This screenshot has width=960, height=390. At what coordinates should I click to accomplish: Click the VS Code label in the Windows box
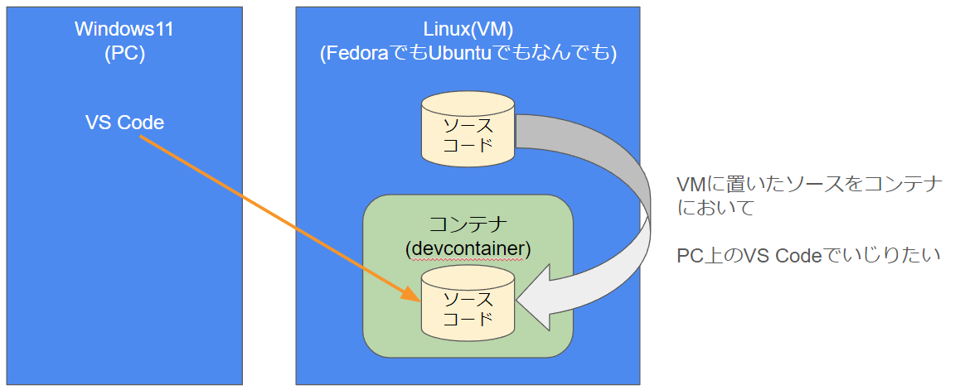pyautogui.click(x=124, y=123)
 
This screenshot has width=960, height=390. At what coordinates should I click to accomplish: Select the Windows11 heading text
pyautogui.click(x=124, y=29)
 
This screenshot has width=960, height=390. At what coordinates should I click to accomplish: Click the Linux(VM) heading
pyautogui.click(x=468, y=29)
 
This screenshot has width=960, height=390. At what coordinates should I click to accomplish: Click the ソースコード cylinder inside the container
pyautogui.click(x=468, y=308)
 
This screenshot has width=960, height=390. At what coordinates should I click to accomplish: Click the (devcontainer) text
pyautogui.click(x=468, y=248)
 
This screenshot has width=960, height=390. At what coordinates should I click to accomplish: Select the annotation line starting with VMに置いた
pyautogui.click(x=810, y=185)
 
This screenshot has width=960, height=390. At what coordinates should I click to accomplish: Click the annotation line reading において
pyautogui.click(x=715, y=208)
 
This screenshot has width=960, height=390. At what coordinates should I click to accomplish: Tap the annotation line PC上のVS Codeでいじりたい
pyautogui.click(x=808, y=256)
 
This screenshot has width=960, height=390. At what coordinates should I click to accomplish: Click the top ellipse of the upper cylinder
pyautogui.click(x=468, y=105)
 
